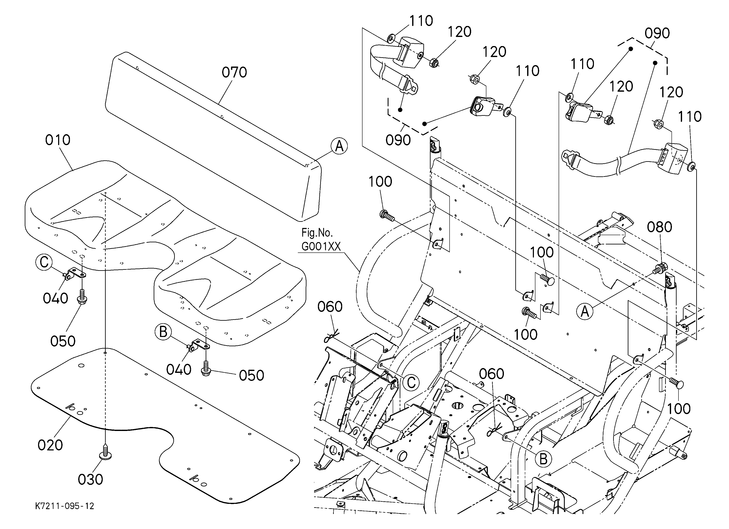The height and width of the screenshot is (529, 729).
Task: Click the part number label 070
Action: pyautogui.click(x=234, y=73)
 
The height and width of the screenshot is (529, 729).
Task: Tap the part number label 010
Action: pyautogui.click(x=58, y=140)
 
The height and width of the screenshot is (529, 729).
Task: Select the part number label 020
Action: pyautogui.click(x=50, y=445)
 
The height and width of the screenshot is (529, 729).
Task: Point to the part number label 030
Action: pyautogui.click(x=90, y=480)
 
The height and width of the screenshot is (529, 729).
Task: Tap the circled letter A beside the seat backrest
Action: pyautogui.click(x=339, y=146)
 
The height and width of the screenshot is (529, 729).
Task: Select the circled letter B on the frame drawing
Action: pyautogui.click(x=543, y=459)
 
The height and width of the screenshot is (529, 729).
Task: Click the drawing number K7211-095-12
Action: pyautogui.click(x=65, y=506)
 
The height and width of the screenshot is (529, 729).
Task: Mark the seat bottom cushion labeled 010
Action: pyautogui.click(x=165, y=254)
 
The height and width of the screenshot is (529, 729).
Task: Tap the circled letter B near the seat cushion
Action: pyautogui.click(x=163, y=332)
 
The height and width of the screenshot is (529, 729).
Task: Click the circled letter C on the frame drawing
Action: pyautogui.click(x=412, y=383)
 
